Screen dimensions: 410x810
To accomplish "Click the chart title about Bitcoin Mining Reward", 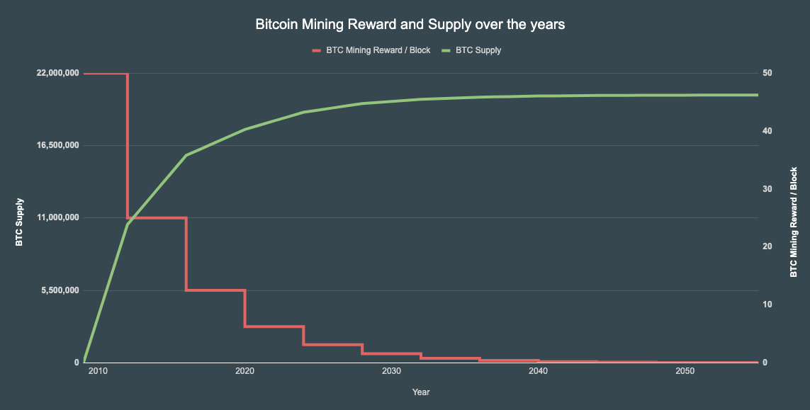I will click(x=410, y=25).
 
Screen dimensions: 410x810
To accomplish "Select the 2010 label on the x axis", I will click(x=98, y=372).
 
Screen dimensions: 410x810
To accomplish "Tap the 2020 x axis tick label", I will click(x=244, y=372).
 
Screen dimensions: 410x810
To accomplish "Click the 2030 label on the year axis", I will click(x=391, y=372).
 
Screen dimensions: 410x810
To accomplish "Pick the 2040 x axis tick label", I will click(x=538, y=372).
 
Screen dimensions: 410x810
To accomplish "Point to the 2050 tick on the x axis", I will click(x=685, y=372).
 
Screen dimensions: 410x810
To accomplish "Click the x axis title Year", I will click(x=421, y=392).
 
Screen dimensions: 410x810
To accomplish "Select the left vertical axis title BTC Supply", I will click(x=20, y=222).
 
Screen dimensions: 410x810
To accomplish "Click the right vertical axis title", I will click(x=794, y=222).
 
